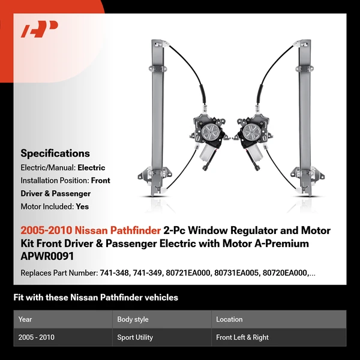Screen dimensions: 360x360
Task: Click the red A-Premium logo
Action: pos(39,29)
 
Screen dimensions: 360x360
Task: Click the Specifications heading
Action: pos(55,154)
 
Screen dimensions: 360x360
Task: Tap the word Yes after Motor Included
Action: pos(82,206)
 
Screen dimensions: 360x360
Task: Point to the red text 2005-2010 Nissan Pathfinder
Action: pos(91,230)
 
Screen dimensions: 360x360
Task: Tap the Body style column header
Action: pos(133,319)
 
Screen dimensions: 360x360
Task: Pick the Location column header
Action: pos(229,319)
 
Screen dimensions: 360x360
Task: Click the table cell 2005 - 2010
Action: pos(36,337)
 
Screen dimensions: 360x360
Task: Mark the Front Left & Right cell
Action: pos(242,337)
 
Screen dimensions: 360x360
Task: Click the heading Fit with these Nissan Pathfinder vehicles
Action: pos(95,297)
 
